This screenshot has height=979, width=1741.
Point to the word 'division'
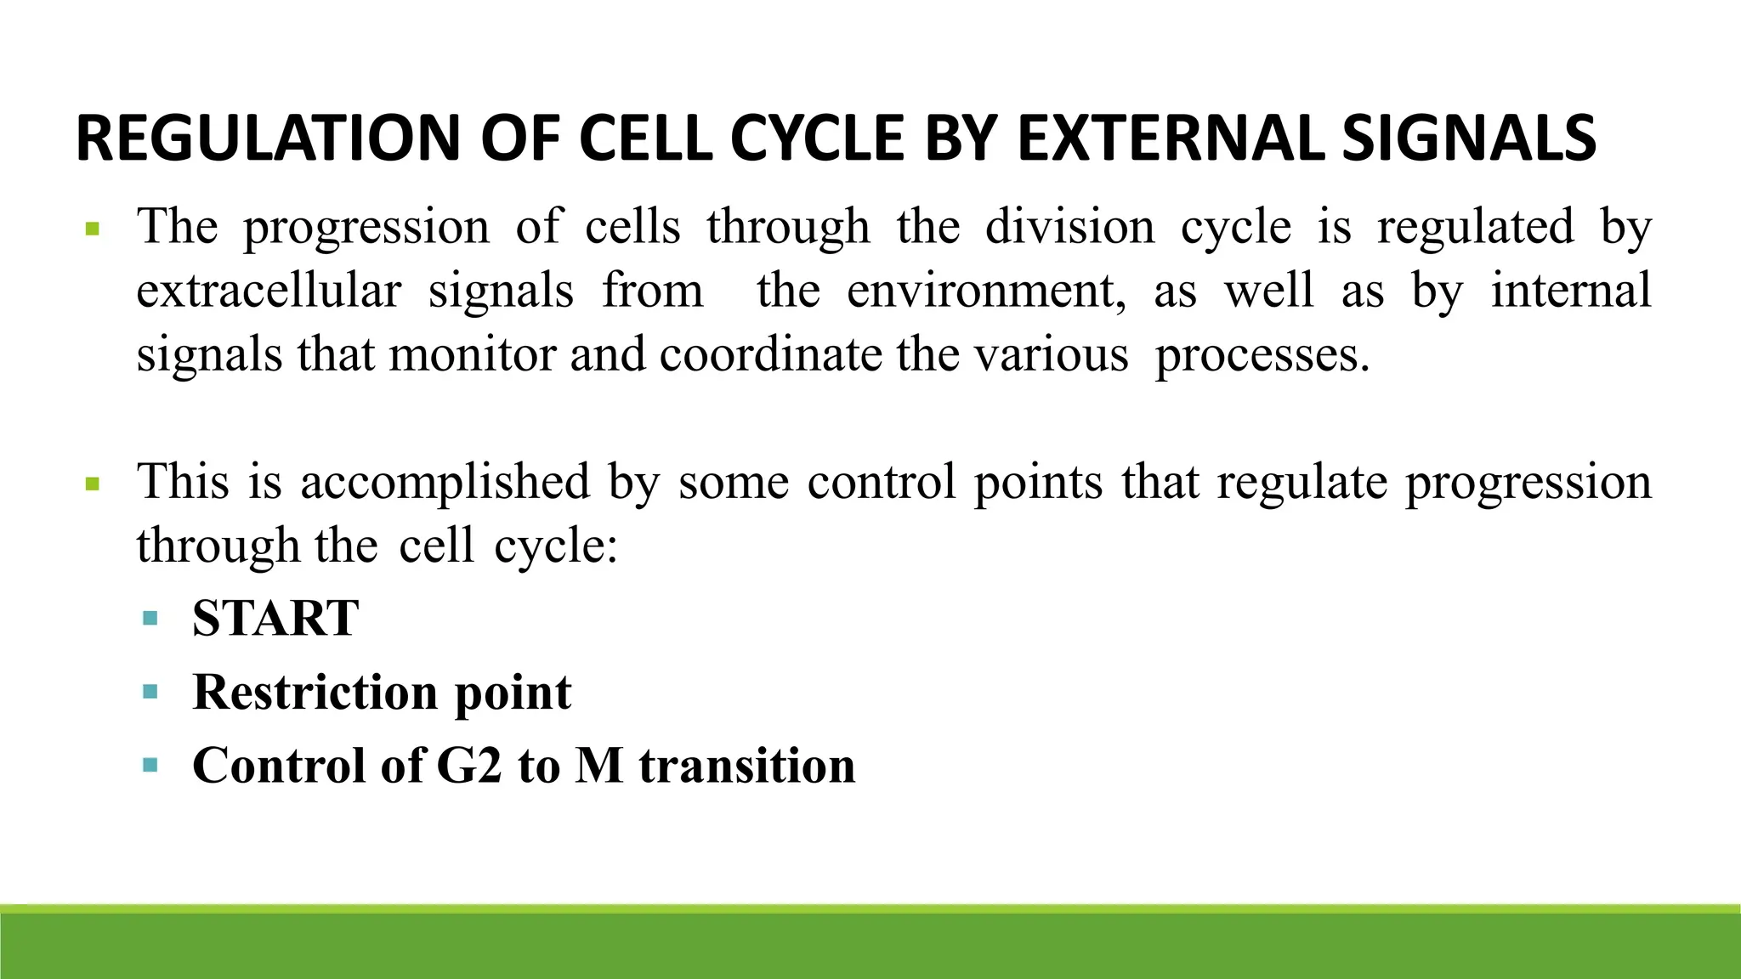pyautogui.click(x=1069, y=227)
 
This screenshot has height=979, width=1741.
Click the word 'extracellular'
pyautogui.click(x=269, y=291)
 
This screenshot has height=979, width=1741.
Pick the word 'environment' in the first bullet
pyautogui.click(x=986, y=291)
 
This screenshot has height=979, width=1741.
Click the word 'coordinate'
pyautogui.click(x=771, y=354)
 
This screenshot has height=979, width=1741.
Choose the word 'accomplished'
pyautogui.click(x=445, y=483)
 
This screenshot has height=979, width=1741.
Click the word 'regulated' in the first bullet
pyautogui.click(x=1475, y=229)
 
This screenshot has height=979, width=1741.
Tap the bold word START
pyautogui.click(x=275, y=618)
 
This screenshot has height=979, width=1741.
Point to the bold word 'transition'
pyautogui.click(x=747, y=766)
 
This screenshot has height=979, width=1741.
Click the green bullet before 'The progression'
pyautogui.click(x=93, y=229)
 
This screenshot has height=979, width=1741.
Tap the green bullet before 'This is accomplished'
pyautogui.click(x=93, y=485)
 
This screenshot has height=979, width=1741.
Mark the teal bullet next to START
pyautogui.click(x=150, y=618)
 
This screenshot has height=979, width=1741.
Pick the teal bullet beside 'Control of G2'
pyautogui.click(x=150, y=765)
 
